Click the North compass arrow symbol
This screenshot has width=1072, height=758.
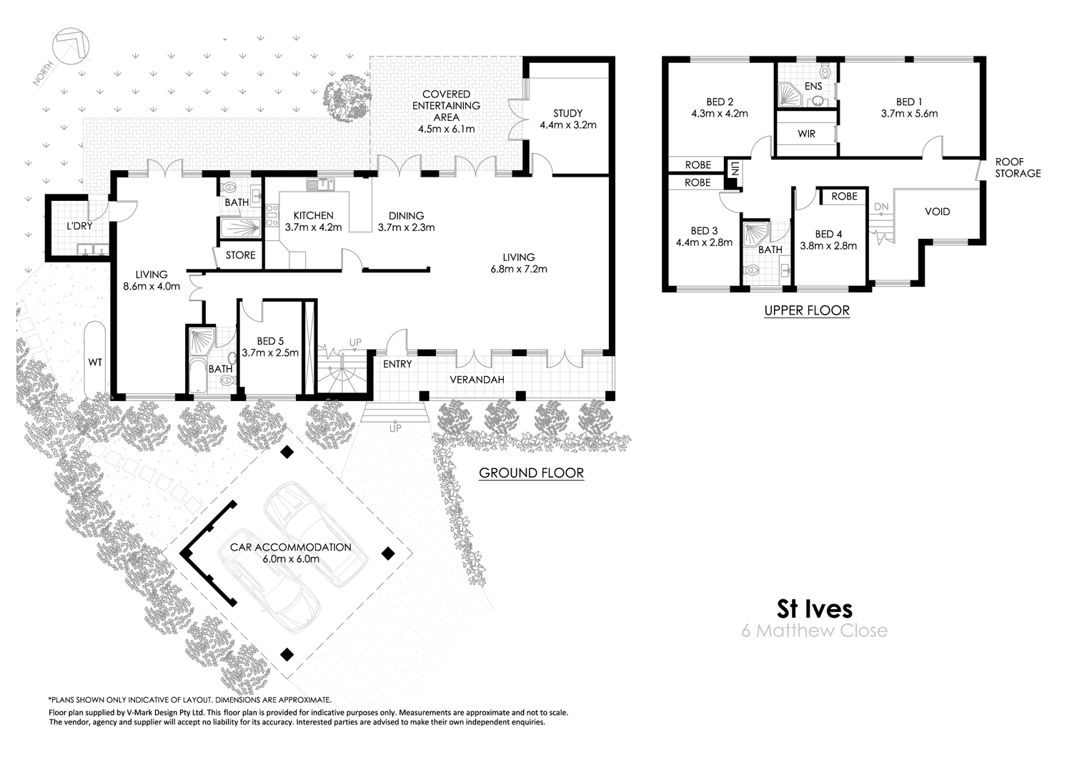70,48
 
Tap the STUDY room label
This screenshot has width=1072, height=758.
568,113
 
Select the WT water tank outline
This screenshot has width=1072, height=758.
95,362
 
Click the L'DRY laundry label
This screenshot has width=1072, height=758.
79,226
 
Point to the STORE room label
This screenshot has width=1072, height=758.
240,255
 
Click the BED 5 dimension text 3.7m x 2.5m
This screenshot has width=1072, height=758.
270,353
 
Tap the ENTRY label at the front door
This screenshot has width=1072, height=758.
397,364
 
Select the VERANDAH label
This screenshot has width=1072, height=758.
477,379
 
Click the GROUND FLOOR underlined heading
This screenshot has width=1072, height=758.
531,473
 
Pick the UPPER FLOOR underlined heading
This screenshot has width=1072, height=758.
807,310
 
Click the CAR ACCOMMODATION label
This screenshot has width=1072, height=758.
290,547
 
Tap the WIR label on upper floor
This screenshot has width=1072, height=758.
807,134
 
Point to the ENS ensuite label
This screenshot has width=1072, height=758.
813,87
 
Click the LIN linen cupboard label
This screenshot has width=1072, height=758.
734,169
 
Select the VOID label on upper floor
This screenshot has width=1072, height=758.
937,212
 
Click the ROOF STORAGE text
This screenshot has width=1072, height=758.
1018,168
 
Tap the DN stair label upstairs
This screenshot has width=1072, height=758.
880,207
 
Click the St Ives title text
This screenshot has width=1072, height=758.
815,609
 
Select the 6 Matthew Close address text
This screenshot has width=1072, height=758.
815,631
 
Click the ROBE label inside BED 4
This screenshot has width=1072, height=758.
844,196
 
